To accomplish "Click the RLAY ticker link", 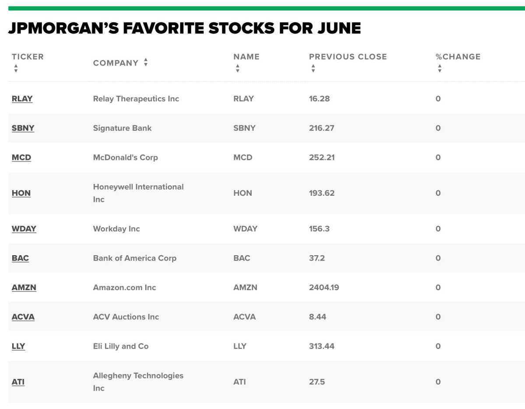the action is [x=22, y=99].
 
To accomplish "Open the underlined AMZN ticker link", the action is [x=24, y=288].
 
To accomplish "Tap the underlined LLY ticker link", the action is [x=18, y=346].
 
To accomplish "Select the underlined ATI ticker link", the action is [x=18, y=382].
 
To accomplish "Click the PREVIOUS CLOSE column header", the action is [x=348, y=57].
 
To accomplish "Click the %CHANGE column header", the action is [x=458, y=57].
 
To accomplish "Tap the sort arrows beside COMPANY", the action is [x=146, y=62].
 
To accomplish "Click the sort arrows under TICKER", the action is [x=16, y=68].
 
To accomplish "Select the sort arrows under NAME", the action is [x=238, y=68].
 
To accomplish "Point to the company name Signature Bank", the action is [x=122, y=128].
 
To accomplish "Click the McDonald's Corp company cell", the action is [x=126, y=157].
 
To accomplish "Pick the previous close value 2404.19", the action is [x=324, y=288].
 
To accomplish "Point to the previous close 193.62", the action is [x=322, y=193].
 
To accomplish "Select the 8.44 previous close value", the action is [x=318, y=317].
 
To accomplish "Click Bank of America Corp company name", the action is [x=135, y=258].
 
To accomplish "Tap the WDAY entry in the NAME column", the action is [x=245, y=229].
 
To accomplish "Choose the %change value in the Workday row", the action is [x=438, y=229].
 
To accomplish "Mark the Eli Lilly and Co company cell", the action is [x=121, y=346].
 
